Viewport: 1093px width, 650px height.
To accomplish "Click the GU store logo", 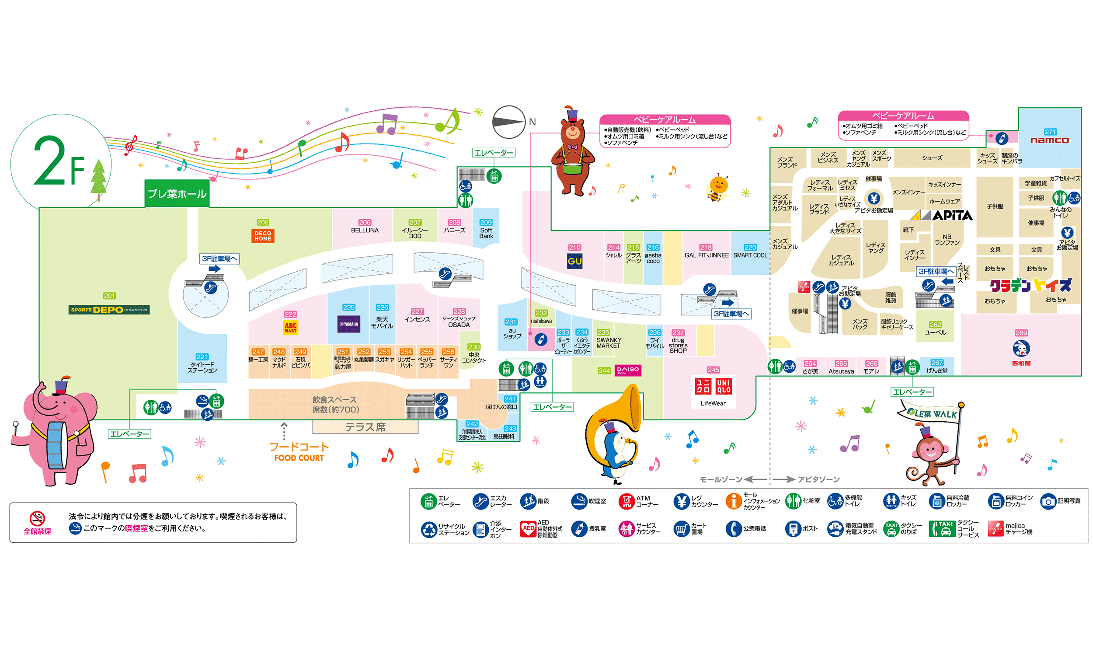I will point(574,262).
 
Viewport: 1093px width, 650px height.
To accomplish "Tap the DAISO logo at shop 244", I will point(627,370).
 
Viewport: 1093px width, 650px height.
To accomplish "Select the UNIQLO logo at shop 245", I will point(713,386).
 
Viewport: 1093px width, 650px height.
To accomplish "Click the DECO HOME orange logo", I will point(263,236).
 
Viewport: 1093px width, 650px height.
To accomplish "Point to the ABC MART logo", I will point(290,327).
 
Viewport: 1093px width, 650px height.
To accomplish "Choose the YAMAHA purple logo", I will point(349,324).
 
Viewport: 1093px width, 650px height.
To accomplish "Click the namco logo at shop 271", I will point(1050,140).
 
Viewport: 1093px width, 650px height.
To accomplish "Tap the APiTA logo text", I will point(952,216).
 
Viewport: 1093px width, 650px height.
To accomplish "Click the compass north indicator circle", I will point(508,122).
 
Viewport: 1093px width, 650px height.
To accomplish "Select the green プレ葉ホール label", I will point(177,194).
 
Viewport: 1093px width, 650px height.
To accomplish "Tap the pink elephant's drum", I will point(56,444).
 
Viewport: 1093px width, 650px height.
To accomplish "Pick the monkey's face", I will point(931,451).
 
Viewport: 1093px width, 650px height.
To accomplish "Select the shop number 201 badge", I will point(109,296).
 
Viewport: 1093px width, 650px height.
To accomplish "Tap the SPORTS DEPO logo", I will point(109,310).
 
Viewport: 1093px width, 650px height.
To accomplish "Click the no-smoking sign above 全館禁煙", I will point(37,518).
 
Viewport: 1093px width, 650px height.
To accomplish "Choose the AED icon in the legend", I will point(528,528).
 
